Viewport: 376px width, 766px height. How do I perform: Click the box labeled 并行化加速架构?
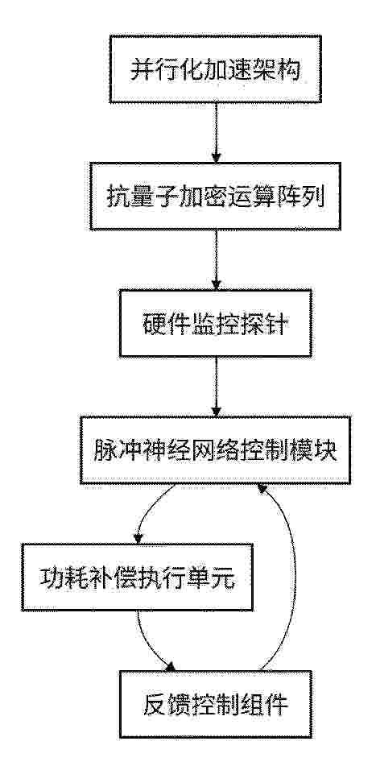(x=215, y=69)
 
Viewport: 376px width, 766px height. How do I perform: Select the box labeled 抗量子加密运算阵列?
(x=215, y=196)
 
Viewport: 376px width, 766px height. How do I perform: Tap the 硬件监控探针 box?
(x=215, y=324)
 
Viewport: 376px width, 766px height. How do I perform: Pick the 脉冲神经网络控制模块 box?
(x=215, y=450)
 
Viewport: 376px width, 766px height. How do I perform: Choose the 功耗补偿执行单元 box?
(x=137, y=577)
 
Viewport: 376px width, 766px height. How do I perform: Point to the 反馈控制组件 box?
(x=215, y=704)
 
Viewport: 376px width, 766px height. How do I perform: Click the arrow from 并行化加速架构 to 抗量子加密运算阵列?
(x=216, y=133)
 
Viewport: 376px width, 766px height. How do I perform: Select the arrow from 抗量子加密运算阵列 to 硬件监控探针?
(x=216, y=260)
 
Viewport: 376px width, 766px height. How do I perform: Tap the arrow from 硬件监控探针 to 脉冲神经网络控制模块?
(x=216, y=387)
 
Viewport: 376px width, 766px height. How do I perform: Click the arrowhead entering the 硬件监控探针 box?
(x=216, y=285)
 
